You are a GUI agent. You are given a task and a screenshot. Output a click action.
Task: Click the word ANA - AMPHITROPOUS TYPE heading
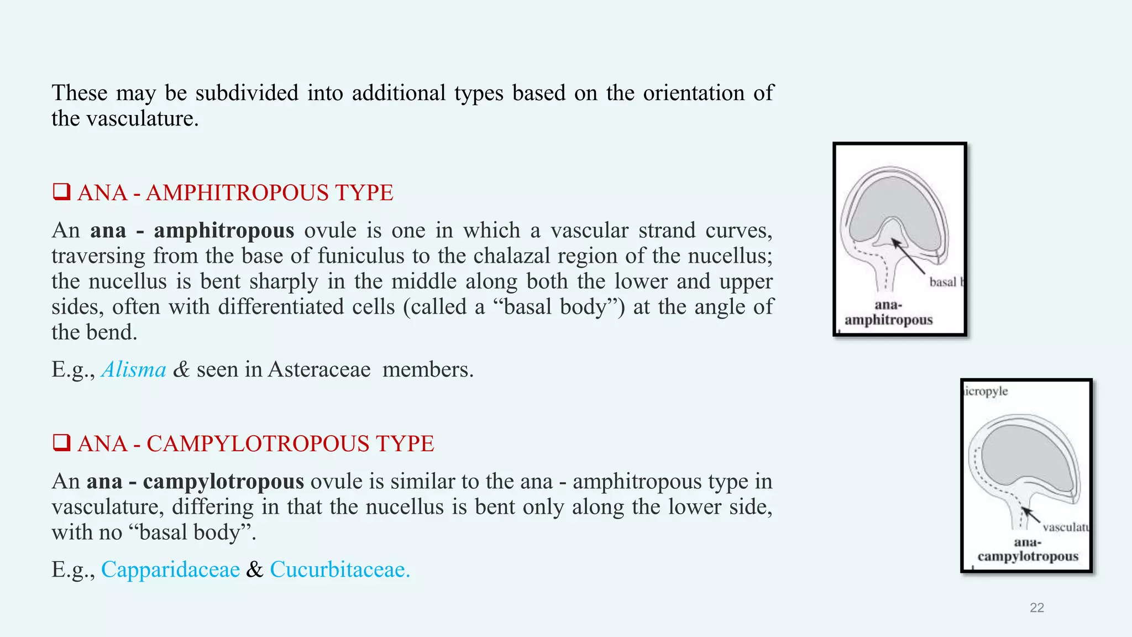pos(235,193)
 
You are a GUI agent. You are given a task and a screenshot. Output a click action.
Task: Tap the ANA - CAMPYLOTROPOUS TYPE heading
pos(255,444)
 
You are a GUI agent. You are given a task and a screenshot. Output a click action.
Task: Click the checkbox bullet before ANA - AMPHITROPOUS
pos(61,192)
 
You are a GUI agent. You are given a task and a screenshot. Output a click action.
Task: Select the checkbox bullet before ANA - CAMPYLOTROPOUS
pos(61,443)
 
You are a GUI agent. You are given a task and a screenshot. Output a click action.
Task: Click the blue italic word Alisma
pos(134,369)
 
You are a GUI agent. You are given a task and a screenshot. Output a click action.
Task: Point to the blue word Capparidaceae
pos(170,570)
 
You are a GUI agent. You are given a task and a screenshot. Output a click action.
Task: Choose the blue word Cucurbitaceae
pos(339,570)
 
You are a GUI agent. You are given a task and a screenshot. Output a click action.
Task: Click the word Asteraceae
pos(319,369)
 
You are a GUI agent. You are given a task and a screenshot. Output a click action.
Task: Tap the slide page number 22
pos(1037,608)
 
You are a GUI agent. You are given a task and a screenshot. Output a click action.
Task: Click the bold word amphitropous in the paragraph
pos(224,230)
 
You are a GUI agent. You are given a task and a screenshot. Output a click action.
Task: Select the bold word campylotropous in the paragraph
pos(223,481)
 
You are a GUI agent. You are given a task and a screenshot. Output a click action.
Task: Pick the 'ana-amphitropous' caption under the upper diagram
pos(888,312)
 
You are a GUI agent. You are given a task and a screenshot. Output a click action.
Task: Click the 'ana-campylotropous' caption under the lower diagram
pos(1028,549)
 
